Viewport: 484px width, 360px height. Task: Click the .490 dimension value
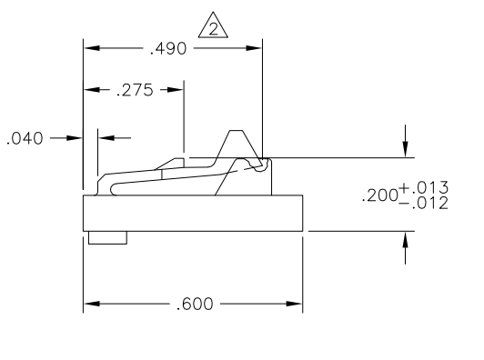[x=168, y=49]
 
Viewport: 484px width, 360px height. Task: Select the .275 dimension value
[x=135, y=90]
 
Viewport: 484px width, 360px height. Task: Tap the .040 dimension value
[x=25, y=138]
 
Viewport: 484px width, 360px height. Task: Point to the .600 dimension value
[x=195, y=304]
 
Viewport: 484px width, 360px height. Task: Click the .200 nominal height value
[x=380, y=195]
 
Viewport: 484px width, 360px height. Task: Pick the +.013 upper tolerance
[x=424, y=187]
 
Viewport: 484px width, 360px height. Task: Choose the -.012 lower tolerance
[x=424, y=204]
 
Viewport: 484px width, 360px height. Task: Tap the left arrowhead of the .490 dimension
[x=92, y=48]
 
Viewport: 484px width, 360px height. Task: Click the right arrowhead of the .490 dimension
[x=254, y=48]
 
